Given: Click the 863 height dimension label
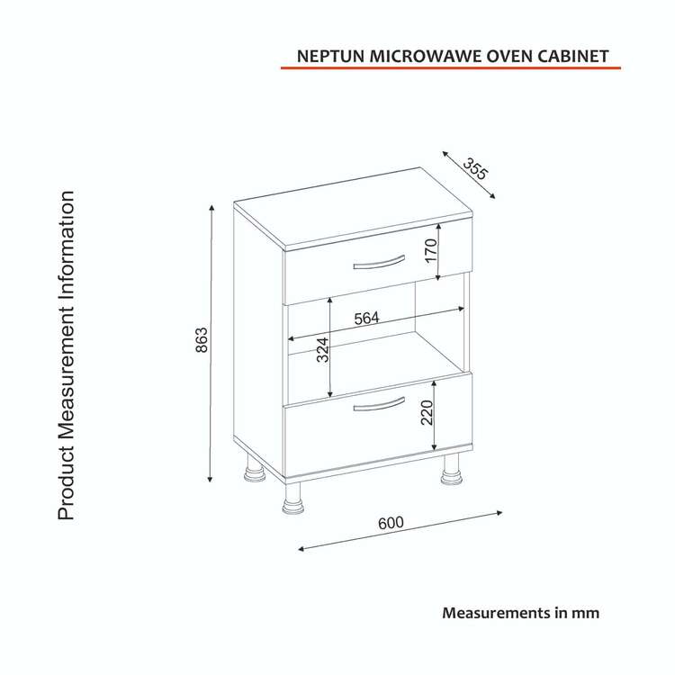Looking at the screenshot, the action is [202, 340].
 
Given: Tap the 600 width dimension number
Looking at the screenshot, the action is [391, 523].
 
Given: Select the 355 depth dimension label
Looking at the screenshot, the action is [475, 168].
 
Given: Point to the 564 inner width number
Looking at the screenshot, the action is [367, 318].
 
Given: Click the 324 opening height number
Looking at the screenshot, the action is [322, 349].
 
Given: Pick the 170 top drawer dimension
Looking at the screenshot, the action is [430, 250].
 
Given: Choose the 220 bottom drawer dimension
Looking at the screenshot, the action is [427, 412].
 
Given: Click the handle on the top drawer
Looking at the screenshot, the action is [379, 262].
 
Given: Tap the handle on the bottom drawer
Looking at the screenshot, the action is [379, 404].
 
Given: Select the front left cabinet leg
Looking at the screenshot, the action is [292, 499].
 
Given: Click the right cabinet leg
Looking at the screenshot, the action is [451, 471].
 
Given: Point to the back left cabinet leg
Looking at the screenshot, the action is [256, 468].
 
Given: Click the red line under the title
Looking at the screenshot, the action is [451, 67].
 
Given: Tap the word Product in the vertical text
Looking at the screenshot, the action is [67, 483].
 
